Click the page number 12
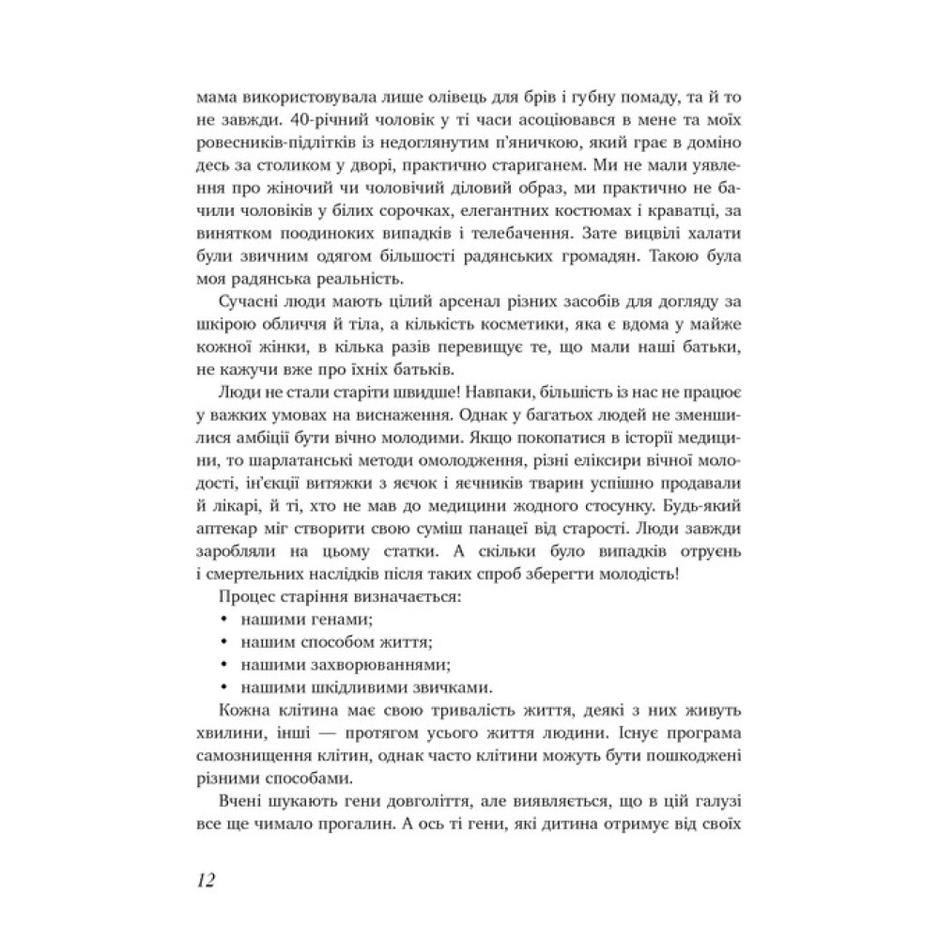[x=207, y=881]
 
